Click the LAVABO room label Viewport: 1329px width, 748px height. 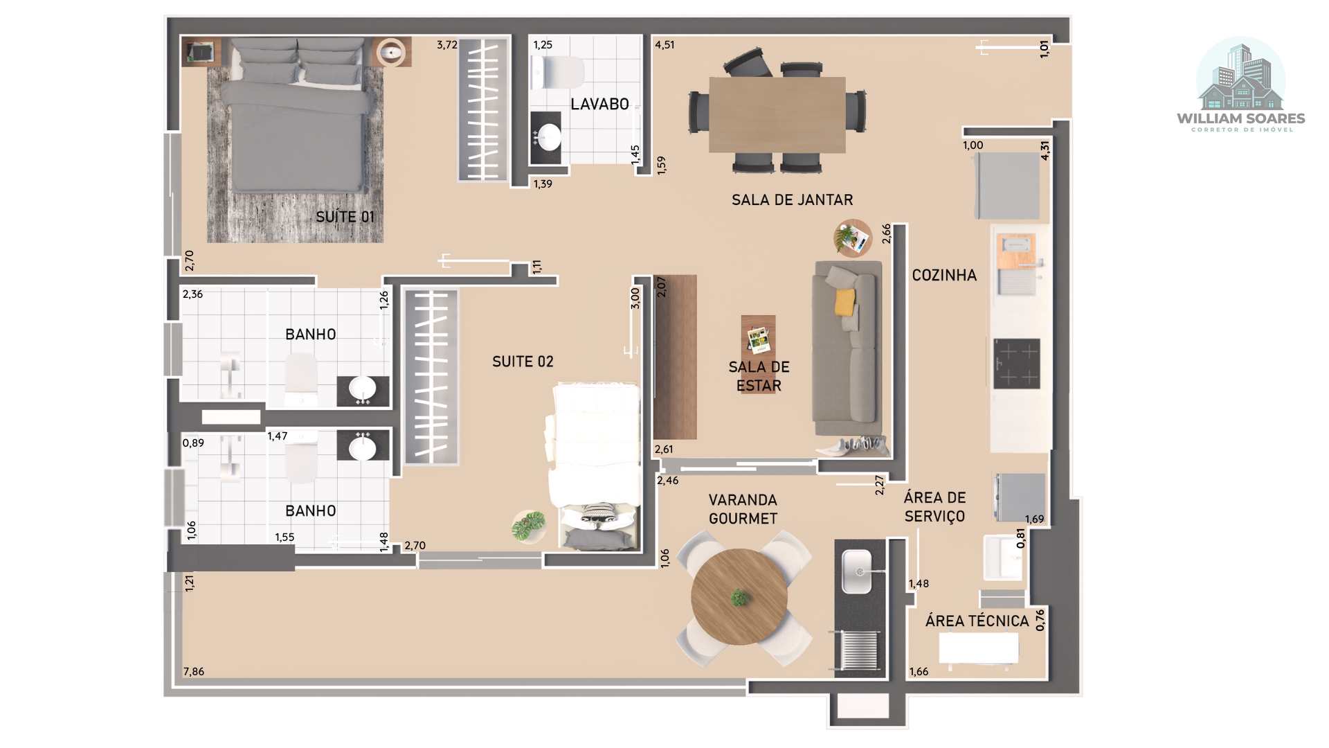pos(599,104)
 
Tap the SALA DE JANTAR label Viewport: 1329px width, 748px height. pos(792,199)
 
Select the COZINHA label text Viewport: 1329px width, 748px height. pos(944,275)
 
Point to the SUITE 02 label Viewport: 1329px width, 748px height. pos(523,362)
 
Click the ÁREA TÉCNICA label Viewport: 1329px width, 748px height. pos(977,621)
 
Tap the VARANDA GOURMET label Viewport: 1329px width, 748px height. pos(743,509)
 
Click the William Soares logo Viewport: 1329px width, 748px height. pos(1241,85)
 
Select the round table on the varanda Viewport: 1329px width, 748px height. pos(739,597)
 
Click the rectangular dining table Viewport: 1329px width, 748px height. pos(777,114)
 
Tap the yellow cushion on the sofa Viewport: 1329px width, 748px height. pos(845,302)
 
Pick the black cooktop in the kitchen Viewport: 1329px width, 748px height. pos(1017,364)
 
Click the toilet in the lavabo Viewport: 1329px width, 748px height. pos(557,73)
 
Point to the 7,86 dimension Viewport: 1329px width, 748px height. pos(194,671)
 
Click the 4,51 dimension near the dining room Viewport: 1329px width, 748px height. pos(664,44)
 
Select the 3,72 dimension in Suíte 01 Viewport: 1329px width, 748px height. pos(447,44)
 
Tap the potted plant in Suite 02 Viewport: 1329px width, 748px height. pos(529,526)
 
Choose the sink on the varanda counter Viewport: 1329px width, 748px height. pos(856,571)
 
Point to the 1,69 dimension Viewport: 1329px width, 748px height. pos(1034,519)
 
